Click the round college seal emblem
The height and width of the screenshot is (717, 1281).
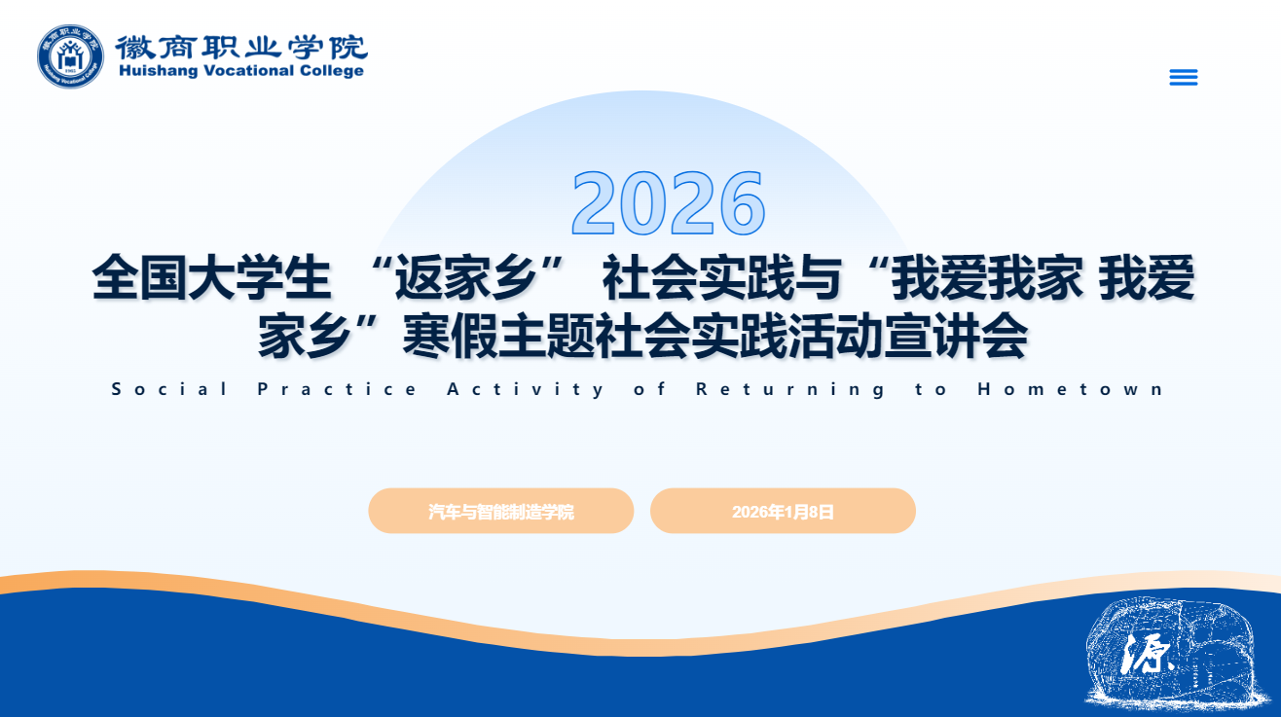tap(70, 56)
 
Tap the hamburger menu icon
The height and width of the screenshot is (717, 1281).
tap(1184, 77)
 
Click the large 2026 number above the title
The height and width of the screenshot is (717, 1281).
tap(668, 203)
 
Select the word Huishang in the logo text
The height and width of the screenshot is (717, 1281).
tap(159, 71)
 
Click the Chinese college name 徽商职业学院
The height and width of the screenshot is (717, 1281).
tap(241, 47)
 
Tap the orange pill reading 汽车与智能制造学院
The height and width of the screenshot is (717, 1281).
tap(501, 511)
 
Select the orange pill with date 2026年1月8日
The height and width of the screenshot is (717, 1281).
tap(783, 511)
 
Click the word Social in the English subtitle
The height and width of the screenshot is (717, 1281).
tap(169, 389)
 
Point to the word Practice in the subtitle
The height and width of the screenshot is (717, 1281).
tap(337, 389)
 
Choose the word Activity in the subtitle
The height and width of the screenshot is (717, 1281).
tap(525, 390)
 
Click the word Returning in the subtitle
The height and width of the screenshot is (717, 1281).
tap(789, 390)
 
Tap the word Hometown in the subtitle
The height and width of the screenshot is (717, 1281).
tap(1070, 389)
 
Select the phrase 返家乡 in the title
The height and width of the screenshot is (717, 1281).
tap(466, 278)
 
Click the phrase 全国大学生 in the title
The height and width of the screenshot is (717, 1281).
tap(211, 278)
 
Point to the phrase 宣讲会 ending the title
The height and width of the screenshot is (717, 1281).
tap(956, 337)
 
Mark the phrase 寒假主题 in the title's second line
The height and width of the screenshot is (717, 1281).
tap(498, 337)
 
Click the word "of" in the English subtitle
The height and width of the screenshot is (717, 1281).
tap(649, 389)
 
